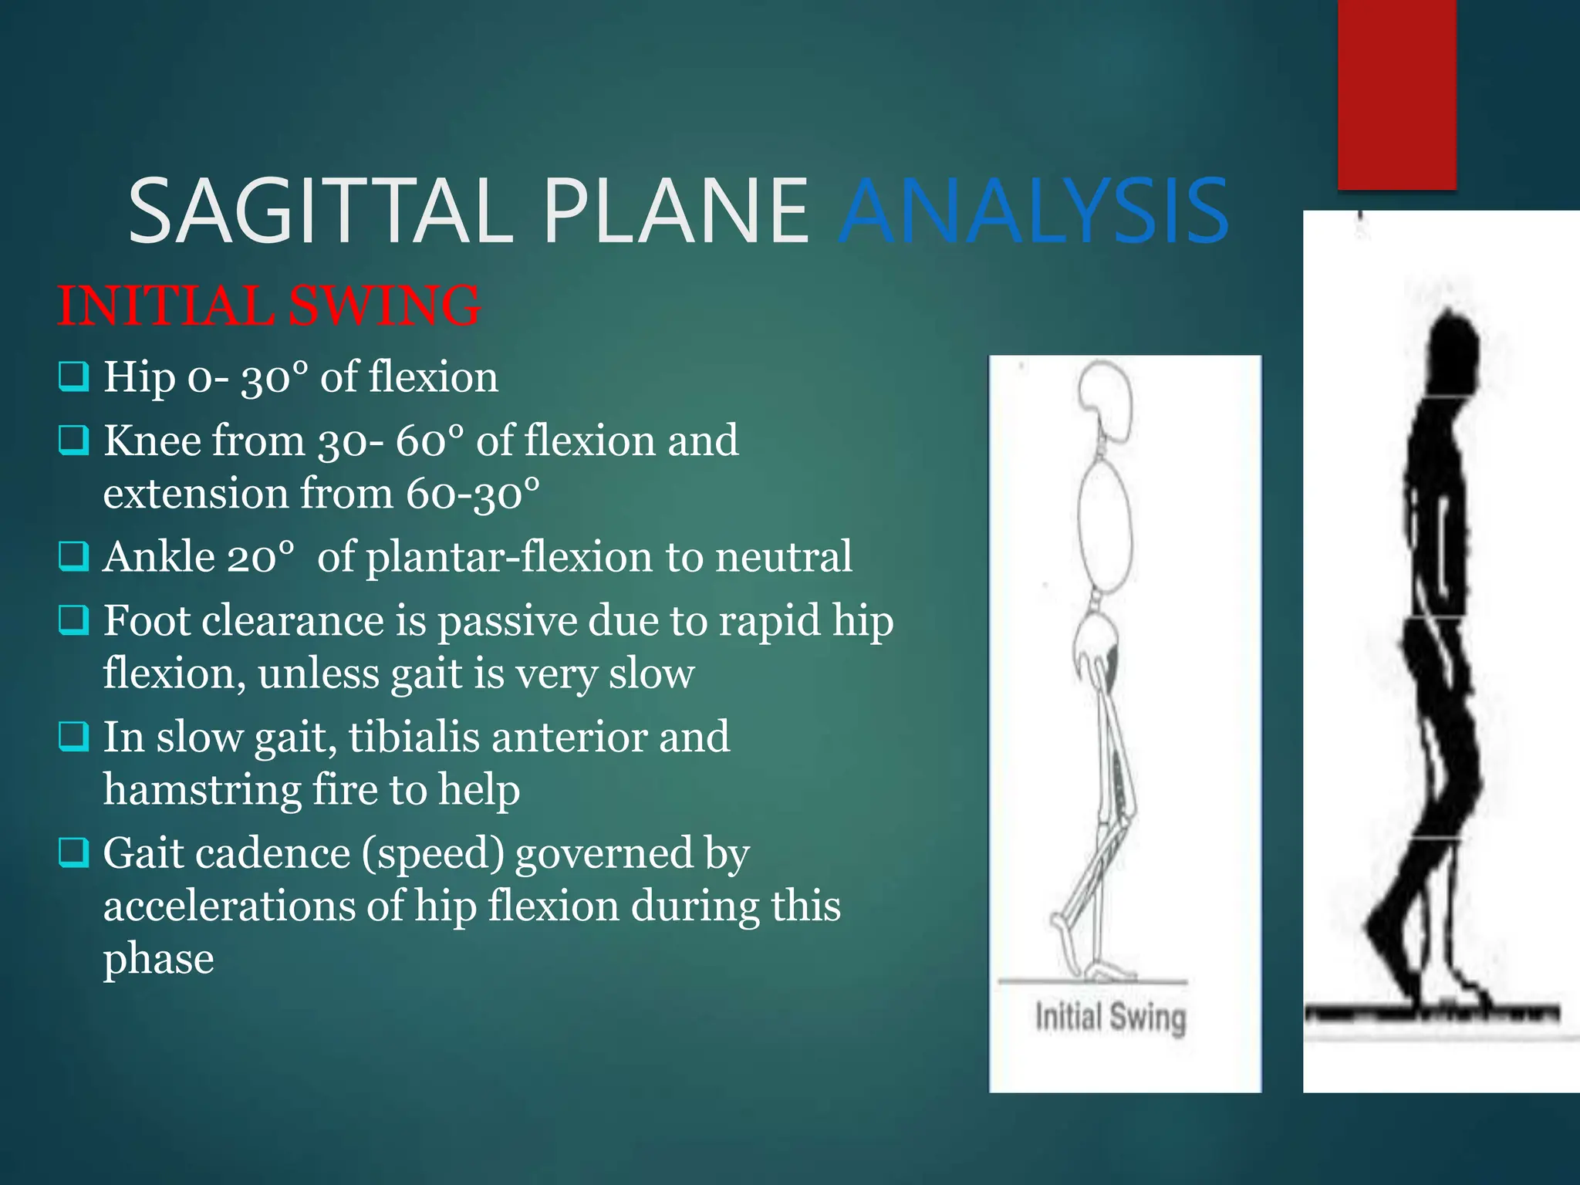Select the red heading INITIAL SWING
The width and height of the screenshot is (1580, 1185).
coord(269,306)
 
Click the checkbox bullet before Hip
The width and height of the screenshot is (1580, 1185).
coord(74,377)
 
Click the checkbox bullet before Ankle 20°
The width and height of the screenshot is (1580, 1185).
coord(74,556)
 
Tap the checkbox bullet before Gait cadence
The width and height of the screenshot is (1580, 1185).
coord(74,853)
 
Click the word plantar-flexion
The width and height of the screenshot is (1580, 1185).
coord(510,556)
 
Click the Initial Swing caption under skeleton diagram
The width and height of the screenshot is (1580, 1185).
coord(1110,1017)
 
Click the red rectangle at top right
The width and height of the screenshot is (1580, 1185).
coord(1396,93)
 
